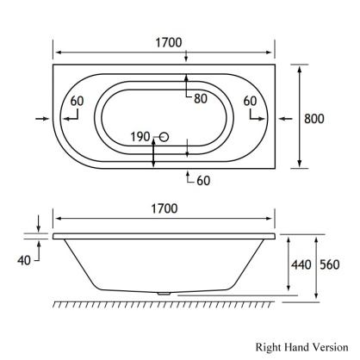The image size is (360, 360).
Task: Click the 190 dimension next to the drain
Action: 140,136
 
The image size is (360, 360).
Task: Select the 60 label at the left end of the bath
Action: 78,101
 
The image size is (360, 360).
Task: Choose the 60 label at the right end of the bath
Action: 251,101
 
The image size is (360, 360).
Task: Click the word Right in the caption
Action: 269,346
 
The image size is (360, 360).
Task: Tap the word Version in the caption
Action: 331,346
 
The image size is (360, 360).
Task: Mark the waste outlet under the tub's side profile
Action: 164,294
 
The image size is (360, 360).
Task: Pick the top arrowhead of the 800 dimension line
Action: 300,69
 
